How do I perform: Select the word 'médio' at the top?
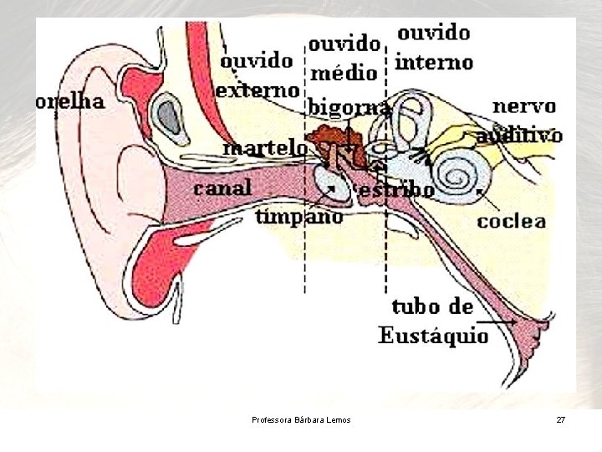point(344,74)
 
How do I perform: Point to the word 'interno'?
point(434,62)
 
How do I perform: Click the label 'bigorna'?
point(349,108)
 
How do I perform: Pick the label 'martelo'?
point(266,147)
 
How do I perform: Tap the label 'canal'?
point(222,187)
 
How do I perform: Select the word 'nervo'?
point(524,106)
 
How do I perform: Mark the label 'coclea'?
point(512,221)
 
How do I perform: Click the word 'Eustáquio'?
point(433,336)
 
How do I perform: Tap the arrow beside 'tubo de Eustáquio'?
point(503,321)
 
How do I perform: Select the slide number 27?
point(560,419)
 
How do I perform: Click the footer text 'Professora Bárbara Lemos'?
point(301,419)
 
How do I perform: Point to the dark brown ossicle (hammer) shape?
point(330,136)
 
